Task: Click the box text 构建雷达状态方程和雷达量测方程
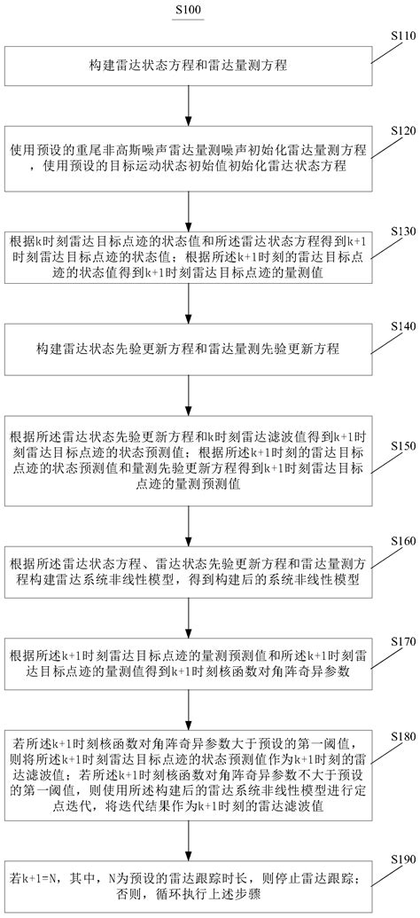[x=187, y=66]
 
